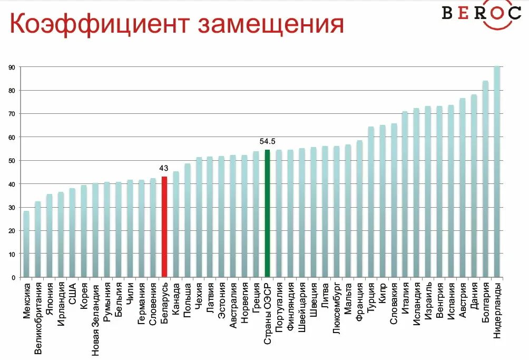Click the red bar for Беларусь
pos(164,227)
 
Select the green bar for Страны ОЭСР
pos(267,213)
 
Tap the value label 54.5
pos(267,141)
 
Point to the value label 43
pos(164,168)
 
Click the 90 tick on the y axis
pos(11,67)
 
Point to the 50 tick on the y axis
pos(11,161)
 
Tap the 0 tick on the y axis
pos(13,277)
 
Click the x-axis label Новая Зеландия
pos(95,314)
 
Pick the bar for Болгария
pos(485,179)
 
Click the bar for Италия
pos(405,194)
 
